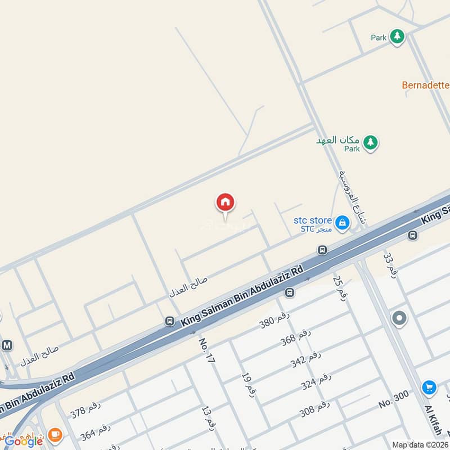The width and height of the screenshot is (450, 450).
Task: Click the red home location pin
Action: coord(225,202)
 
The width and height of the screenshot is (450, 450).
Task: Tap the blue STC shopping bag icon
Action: coord(341,224)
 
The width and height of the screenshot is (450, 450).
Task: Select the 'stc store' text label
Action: coord(313,220)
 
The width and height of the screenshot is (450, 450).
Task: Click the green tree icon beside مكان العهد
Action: coord(370,142)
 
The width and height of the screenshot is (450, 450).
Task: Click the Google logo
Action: coord(24,441)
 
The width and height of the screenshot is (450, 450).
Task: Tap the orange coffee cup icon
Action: coord(55,434)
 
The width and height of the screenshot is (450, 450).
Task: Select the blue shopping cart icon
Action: coord(429,388)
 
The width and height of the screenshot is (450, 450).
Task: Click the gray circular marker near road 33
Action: coord(399,319)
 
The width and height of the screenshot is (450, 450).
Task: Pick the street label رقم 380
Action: coord(274,320)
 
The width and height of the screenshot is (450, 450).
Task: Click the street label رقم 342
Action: coord(306,358)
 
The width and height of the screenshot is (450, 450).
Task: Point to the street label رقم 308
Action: coord(314,409)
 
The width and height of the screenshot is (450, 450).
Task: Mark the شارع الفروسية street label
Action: coord(351,196)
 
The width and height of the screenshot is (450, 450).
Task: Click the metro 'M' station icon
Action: coord(7,345)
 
